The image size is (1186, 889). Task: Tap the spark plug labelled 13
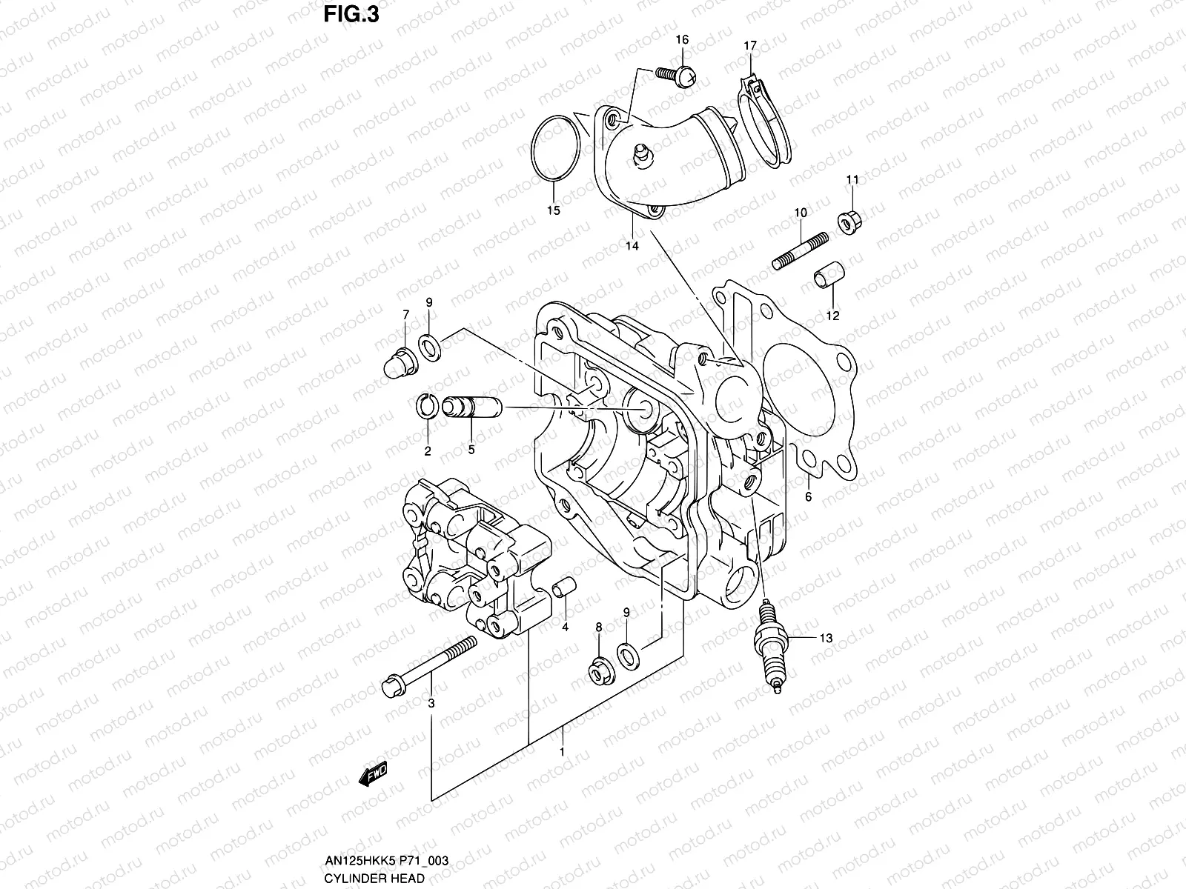click(x=771, y=648)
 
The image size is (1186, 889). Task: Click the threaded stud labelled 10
click(x=801, y=252)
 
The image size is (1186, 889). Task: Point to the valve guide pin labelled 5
click(x=471, y=408)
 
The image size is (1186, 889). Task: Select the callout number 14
click(x=632, y=246)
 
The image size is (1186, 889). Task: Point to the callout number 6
click(x=808, y=497)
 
